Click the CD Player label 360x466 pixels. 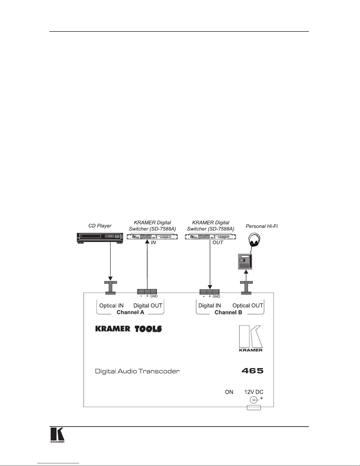(x=100, y=226)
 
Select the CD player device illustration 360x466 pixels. (x=100, y=238)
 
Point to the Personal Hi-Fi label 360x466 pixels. (x=262, y=226)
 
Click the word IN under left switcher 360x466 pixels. (x=153, y=243)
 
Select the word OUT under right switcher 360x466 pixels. (x=218, y=243)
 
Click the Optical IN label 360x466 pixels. (x=111, y=305)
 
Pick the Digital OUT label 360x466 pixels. (x=148, y=305)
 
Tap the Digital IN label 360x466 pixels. (x=210, y=305)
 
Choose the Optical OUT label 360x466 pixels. (x=248, y=305)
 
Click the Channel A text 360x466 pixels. (x=130, y=312)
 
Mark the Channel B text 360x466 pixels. (x=228, y=312)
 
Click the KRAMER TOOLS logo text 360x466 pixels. (x=128, y=329)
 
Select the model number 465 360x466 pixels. (x=252, y=371)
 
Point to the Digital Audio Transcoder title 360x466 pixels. (x=137, y=371)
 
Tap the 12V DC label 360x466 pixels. (x=254, y=392)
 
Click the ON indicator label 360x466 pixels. (x=229, y=392)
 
